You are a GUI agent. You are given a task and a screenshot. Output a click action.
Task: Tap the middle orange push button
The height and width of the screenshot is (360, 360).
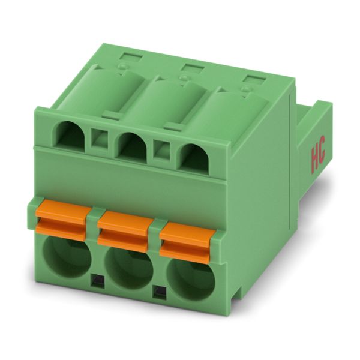click(125, 231)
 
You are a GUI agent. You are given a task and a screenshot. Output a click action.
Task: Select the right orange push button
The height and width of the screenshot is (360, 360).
click(187, 244)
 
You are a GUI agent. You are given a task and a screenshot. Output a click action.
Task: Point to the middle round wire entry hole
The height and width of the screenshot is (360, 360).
click(128, 268)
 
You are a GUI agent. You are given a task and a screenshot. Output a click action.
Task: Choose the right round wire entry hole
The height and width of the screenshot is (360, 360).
click(191, 281)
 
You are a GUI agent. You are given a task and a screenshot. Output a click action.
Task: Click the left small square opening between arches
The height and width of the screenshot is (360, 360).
click(100, 139)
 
